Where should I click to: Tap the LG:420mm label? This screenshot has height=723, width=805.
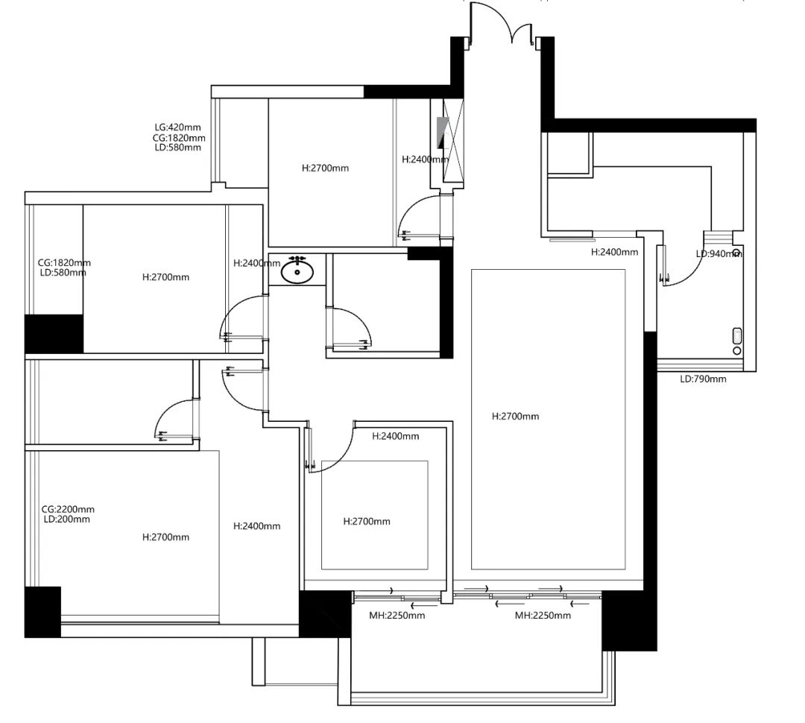(177, 127)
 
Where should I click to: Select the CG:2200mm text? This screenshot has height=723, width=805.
(68, 509)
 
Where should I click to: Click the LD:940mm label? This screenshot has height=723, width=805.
(719, 253)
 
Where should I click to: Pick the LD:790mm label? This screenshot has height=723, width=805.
(703, 379)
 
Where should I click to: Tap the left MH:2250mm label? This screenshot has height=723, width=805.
(397, 615)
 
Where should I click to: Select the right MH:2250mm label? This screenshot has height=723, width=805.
(543, 615)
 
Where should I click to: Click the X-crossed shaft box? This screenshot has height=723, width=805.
(453, 140)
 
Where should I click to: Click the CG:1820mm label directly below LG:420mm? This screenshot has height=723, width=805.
(179, 138)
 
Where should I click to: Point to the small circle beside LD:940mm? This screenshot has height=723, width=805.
(736, 252)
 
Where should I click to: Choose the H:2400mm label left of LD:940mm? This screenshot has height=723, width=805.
(614, 252)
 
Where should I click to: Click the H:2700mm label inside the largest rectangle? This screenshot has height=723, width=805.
(516, 417)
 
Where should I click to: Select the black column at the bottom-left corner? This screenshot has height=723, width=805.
(42, 612)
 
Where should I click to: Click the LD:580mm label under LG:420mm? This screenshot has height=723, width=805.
(177, 148)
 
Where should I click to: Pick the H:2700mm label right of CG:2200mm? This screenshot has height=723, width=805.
(165, 537)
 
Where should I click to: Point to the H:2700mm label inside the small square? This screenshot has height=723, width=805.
(367, 522)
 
